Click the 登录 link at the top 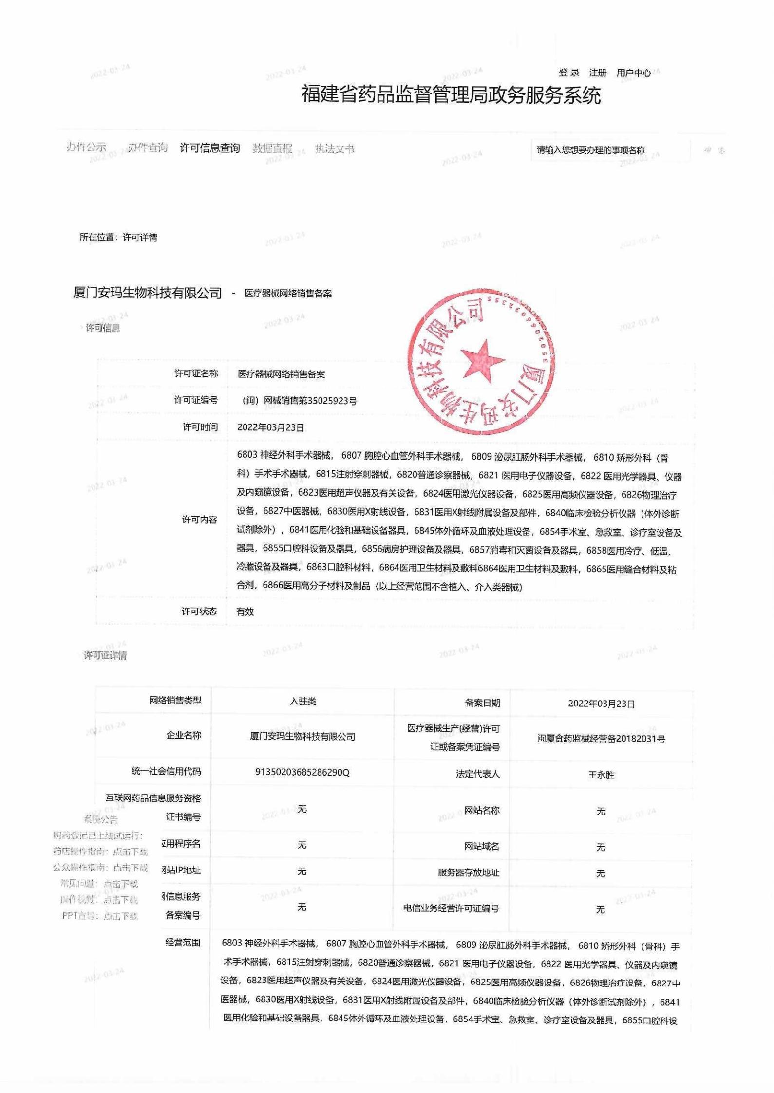pos(568,73)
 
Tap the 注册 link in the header pos(597,73)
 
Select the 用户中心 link pos(633,73)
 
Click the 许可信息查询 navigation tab pos(209,148)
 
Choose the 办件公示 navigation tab pos(86,147)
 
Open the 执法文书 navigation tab pos(334,148)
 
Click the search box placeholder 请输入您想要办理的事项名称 pos(590,150)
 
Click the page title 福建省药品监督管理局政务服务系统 pos(451,95)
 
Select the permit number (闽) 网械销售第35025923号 pos(300,401)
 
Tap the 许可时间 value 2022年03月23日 pos(271,427)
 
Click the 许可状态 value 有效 pos(245,611)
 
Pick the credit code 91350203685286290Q pos(302,772)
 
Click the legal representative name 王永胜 pos(601,775)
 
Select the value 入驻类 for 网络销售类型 pos(302,701)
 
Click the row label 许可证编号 pos(196,400)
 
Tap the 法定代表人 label pos(477,774)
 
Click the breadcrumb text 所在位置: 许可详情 pos(118,237)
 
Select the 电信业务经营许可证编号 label pos(451,908)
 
